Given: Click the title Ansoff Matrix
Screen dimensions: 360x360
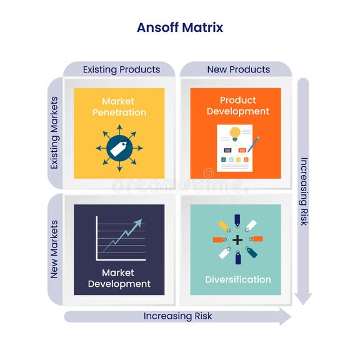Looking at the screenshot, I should (179, 27).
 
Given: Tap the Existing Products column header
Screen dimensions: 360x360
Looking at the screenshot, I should (121, 69).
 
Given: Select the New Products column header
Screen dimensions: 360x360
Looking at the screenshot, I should (238, 69).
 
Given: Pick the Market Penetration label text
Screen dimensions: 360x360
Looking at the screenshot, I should (119, 107).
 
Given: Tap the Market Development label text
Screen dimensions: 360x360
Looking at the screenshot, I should (119, 278).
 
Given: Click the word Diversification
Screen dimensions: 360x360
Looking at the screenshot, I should (238, 279).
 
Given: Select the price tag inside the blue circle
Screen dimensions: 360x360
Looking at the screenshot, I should (119, 148).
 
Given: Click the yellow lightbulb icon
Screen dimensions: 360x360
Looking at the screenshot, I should (234, 133).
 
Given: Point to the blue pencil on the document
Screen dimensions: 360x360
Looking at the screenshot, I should (253, 144).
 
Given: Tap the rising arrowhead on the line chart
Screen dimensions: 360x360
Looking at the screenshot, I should (138, 222).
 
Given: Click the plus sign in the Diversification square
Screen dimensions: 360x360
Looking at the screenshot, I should (237, 240).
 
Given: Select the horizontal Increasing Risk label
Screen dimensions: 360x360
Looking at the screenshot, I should (177, 316).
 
